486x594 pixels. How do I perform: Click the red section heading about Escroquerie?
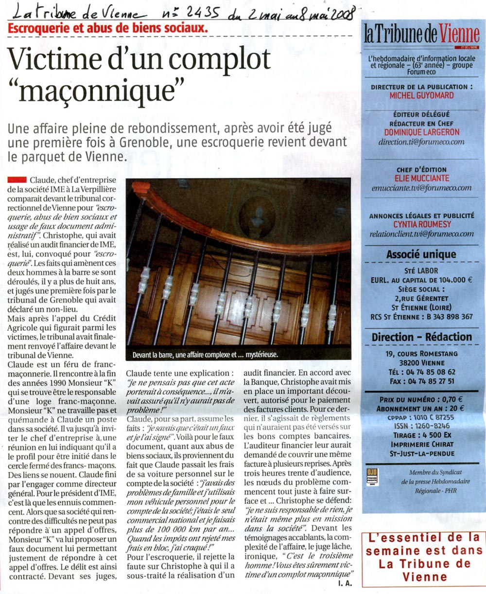(108, 28)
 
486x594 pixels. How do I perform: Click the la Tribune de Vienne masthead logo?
(421, 34)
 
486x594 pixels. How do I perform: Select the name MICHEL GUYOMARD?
(421, 95)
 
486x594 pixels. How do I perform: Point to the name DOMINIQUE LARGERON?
(421, 132)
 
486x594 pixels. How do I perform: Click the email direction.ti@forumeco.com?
(421, 142)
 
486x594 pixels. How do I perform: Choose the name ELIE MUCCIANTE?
(421, 178)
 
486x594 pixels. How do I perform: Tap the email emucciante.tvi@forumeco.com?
(421, 188)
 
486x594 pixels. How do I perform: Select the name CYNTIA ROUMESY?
(421, 224)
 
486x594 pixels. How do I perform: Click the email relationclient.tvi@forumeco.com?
(421, 234)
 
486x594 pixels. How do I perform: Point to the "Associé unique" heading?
(421, 254)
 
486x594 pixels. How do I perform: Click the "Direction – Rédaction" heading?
(421, 337)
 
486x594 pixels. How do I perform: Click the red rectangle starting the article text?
(17, 180)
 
